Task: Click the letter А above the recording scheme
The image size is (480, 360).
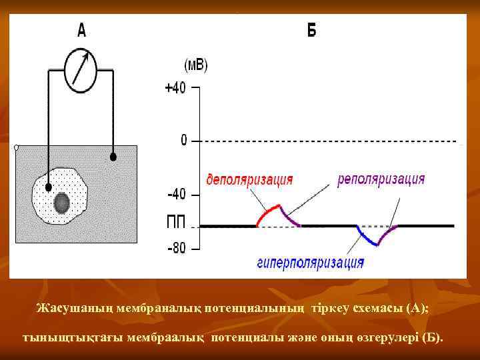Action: point(81,30)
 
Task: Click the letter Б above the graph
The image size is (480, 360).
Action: point(311,31)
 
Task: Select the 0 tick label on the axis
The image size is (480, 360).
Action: point(183,141)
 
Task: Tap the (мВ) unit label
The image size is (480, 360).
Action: point(195,65)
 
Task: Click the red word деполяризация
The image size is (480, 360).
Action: point(249,179)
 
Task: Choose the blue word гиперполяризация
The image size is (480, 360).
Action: point(310,263)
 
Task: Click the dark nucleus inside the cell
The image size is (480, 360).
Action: point(63,201)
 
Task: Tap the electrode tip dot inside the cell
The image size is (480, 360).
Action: point(48,187)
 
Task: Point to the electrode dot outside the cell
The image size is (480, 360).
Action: point(113,157)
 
